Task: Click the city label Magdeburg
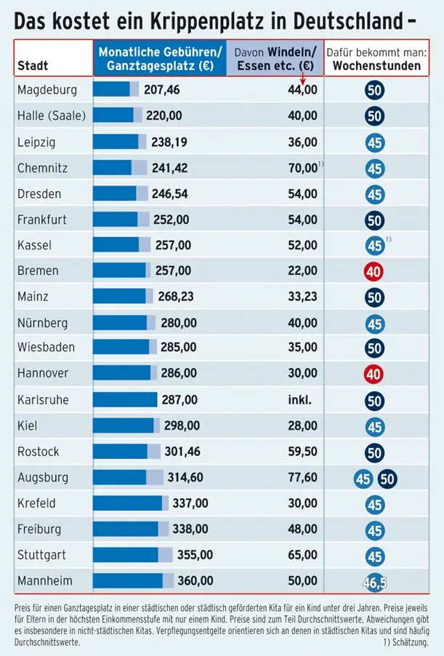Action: [x=47, y=90]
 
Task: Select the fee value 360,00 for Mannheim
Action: [x=195, y=580]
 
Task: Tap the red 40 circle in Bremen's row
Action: [x=374, y=272]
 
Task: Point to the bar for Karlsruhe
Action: [x=125, y=399]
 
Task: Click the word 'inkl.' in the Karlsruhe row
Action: [x=300, y=399]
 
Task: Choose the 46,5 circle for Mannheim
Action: [x=374, y=582]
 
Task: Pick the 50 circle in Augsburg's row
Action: [x=387, y=479]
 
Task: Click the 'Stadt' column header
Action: [x=33, y=65]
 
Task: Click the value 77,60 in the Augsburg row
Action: [x=302, y=477]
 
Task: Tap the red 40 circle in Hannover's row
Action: [x=374, y=375]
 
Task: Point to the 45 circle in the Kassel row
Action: [x=374, y=246]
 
